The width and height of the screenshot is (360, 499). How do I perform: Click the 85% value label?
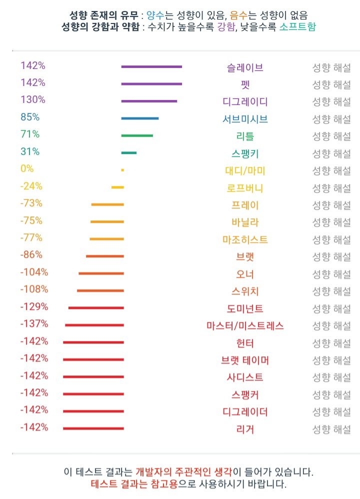coord(30,117)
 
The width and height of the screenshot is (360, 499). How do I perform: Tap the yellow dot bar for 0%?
coord(122,170)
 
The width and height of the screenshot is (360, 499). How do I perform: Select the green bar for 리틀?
coord(137,135)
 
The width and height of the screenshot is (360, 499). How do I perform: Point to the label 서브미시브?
coord(245,119)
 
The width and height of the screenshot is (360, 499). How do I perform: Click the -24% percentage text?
coord(31,186)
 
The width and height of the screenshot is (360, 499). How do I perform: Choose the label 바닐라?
coord(245,222)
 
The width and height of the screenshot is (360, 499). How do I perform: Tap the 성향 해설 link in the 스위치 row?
coord(331,291)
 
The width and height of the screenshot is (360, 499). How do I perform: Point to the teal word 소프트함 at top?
coord(297,27)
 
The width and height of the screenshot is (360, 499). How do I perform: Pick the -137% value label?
coord(34,323)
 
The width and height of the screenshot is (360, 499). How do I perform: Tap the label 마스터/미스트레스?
coord(245,326)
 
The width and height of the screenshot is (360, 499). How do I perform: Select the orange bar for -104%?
coord(101,273)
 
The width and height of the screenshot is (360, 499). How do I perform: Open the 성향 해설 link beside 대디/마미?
coord(331,170)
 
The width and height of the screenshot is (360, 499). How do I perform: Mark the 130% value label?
coord(33,99)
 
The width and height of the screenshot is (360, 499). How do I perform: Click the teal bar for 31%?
coord(129,153)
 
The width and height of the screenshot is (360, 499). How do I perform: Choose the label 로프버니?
coord(245,188)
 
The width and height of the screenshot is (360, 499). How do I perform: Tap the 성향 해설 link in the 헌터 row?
coord(331,343)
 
